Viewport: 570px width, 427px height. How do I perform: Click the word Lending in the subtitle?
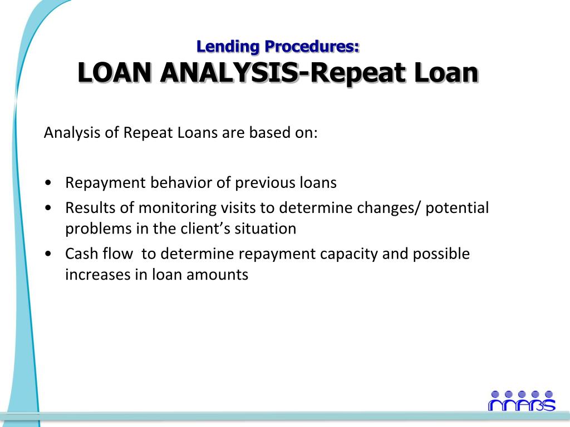tap(228, 47)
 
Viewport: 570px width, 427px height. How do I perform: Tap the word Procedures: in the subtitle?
tap(312, 47)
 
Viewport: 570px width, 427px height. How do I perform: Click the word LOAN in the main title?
tap(115, 73)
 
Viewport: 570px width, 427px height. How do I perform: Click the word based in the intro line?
tap(270, 132)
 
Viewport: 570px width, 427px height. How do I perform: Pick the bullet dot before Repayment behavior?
tap(48, 183)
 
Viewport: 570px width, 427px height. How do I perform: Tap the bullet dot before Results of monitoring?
tap(48, 208)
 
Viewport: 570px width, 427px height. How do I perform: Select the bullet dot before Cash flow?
tap(48, 254)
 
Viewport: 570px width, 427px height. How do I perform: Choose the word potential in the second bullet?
tap(457, 208)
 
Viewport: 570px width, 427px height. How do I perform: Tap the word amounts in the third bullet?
tap(218, 275)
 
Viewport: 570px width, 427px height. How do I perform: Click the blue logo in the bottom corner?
tap(522, 401)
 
